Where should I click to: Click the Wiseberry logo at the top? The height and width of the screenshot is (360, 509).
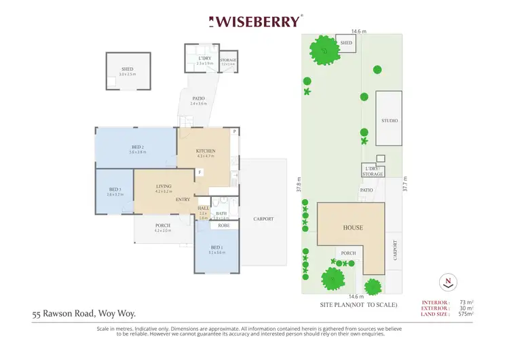click(x=257, y=21)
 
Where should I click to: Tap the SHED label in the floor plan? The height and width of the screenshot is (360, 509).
click(x=127, y=69)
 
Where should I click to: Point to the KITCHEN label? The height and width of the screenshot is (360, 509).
click(x=206, y=151)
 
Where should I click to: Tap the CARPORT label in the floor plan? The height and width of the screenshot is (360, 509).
click(x=263, y=219)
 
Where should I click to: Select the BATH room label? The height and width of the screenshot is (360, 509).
click(x=221, y=213)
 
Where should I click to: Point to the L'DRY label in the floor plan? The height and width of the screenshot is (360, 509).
click(x=205, y=58)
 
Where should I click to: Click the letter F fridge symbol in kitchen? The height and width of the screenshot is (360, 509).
click(x=200, y=173)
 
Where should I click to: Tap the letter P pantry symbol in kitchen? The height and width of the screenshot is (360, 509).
click(x=233, y=131)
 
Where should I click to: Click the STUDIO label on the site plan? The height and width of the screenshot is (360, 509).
click(x=389, y=120)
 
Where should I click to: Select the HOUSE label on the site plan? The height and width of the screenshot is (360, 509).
click(x=352, y=228)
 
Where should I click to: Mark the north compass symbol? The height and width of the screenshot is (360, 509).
click(x=447, y=280)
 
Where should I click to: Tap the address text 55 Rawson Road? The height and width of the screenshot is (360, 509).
click(x=84, y=314)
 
